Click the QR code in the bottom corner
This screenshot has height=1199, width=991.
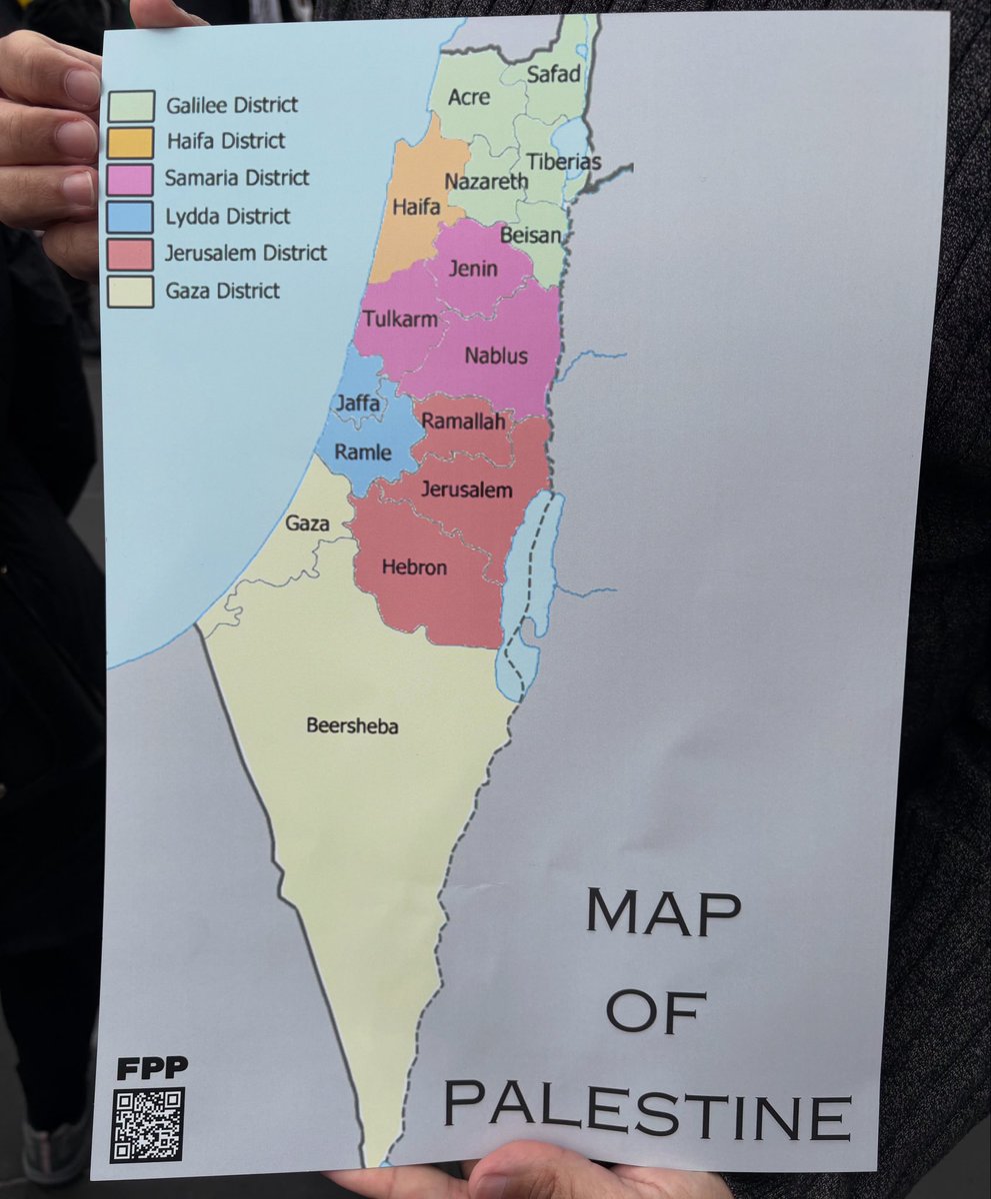click(x=147, y=1124)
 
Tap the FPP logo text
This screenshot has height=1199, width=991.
click(x=151, y=1068)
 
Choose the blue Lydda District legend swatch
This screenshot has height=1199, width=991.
click(x=132, y=217)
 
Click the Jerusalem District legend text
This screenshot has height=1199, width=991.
click(x=246, y=253)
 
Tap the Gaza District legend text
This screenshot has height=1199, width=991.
click(x=223, y=291)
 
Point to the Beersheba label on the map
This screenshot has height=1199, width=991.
click(x=352, y=726)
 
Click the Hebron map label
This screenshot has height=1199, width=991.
click(x=414, y=568)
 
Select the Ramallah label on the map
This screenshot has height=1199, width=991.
click(x=463, y=422)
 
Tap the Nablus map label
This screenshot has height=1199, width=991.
click(x=496, y=356)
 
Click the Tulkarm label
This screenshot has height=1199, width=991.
click(x=395, y=320)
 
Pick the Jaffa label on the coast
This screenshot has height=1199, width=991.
click(x=358, y=404)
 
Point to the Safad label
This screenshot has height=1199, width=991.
click(x=553, y=74)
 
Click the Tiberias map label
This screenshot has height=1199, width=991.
click(x=564, y=161)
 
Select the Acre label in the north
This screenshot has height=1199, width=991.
click(x=469, y=97)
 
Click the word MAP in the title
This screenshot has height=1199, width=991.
click(x=663, y=911)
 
